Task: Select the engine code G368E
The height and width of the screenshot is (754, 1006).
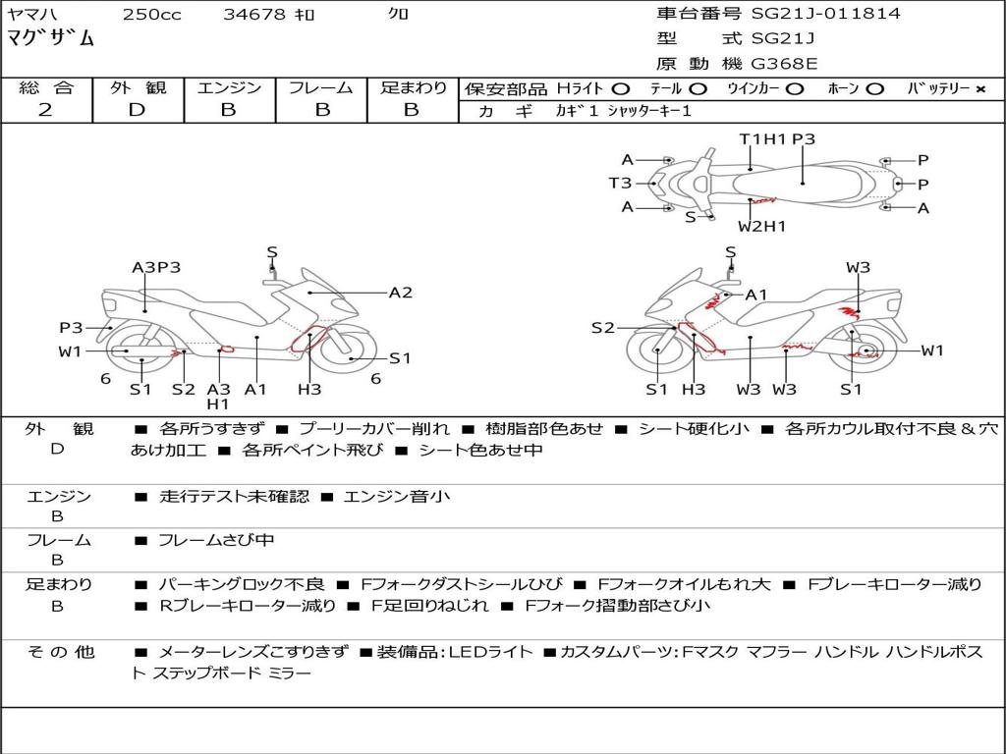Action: (786, 65)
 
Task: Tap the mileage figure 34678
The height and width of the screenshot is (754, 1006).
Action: (254, 15)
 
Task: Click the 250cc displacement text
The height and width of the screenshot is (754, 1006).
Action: (151, 15)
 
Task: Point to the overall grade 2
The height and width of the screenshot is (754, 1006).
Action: (45, 110)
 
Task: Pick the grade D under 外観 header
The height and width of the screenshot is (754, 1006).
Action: (137, 110)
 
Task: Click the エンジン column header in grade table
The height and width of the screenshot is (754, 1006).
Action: (229, 87)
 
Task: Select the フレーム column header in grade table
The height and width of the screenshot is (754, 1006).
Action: (321, 87)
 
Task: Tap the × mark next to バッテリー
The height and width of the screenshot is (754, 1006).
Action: (979, 89)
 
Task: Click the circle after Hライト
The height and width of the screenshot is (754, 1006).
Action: (620, 89)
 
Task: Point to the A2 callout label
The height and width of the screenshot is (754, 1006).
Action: (400, 293)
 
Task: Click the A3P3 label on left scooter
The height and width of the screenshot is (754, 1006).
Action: (156, 267)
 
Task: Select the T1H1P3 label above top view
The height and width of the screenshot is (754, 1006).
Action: (777, 139)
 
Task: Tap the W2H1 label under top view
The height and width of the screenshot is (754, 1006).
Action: (761, 227)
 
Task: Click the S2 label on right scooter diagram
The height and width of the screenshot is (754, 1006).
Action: (602, 328)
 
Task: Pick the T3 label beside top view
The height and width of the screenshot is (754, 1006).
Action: (619, 183)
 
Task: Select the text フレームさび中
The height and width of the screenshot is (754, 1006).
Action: (216, 540)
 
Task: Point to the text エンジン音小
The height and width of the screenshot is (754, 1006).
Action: (397, 497)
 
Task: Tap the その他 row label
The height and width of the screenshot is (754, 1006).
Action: (60, 652)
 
